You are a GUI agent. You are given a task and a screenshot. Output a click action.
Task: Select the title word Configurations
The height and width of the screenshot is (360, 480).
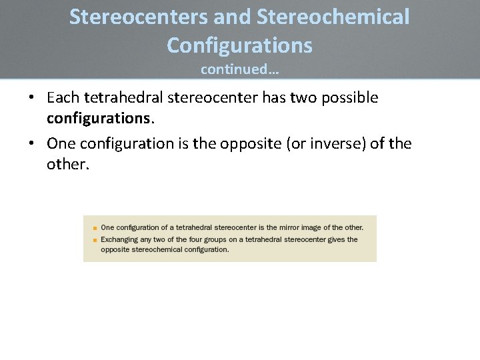click(x=239, y=45)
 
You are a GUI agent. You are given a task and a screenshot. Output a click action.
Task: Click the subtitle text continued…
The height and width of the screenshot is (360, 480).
click(x=239, y=69)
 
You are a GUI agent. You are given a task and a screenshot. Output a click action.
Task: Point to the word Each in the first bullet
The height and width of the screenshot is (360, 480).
click(x=63, y=98)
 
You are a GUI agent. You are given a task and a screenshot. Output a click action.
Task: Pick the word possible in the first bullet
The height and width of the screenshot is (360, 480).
click(x=348, y=98)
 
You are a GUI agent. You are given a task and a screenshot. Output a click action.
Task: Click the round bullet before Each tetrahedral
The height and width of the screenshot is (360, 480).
click(x=32, y=99)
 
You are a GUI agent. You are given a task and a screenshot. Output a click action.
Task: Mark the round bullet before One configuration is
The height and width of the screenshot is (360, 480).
click(x=32, y=144)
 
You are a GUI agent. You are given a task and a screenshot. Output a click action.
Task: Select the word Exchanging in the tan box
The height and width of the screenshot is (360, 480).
click(x=120, y=239)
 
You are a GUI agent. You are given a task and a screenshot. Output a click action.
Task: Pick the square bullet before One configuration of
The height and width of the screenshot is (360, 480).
click(x=95, y=228)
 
